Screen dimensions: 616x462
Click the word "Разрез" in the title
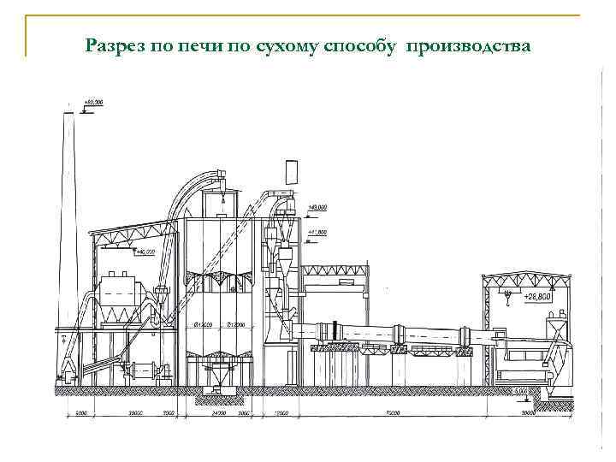click(115, 45)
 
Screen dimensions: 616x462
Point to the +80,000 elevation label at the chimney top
click(92, 102)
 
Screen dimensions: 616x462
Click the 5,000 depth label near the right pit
click(520, 390)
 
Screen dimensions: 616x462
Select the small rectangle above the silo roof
click(293, 170)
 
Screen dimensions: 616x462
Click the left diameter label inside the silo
click(204, 324)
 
